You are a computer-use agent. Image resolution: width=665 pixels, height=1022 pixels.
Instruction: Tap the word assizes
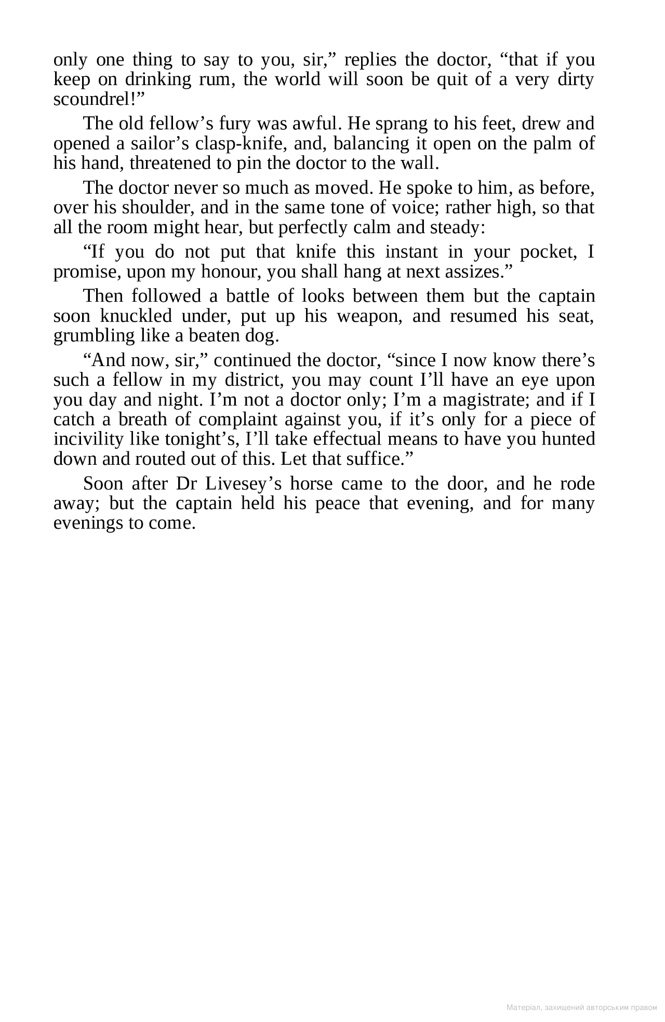pos(475,272)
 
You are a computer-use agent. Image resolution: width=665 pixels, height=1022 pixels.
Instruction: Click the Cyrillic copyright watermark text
pos(581,1007)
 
